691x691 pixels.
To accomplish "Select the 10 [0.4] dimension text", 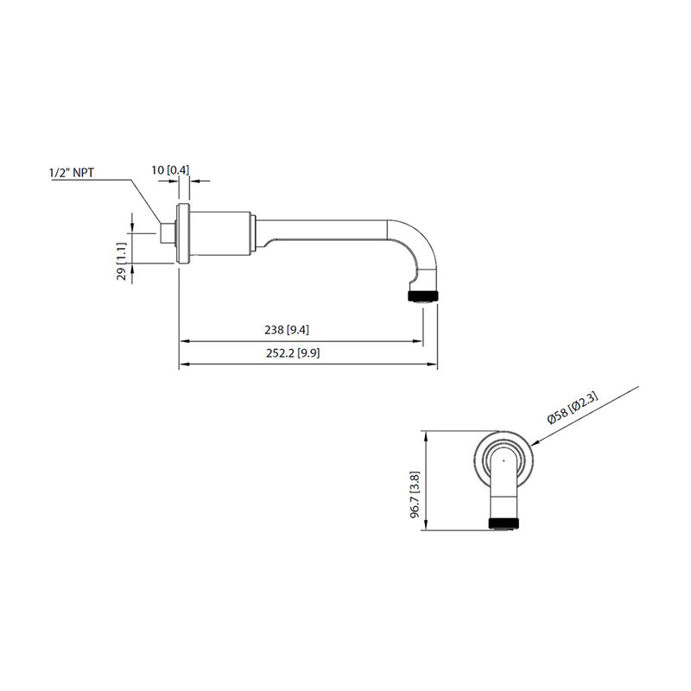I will pyautogui.click(x=170, y=169).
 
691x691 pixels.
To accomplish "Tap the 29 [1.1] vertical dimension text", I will pyautogui.click(x=122, y=262).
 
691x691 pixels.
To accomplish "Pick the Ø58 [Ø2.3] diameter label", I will pyautogui.click(x=573, y=406).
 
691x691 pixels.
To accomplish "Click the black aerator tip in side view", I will pyautogui.click(x=422, y=296).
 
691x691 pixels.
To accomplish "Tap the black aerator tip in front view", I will pyautogui.click(x=503, y=523).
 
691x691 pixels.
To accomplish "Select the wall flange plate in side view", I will pyautogui.click(x=182, y=235).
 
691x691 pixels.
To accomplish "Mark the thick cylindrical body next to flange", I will pyautogui.click(x=219, y=234).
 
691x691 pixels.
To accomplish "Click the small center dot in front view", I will pyautogui.click(x=503, y=461).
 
